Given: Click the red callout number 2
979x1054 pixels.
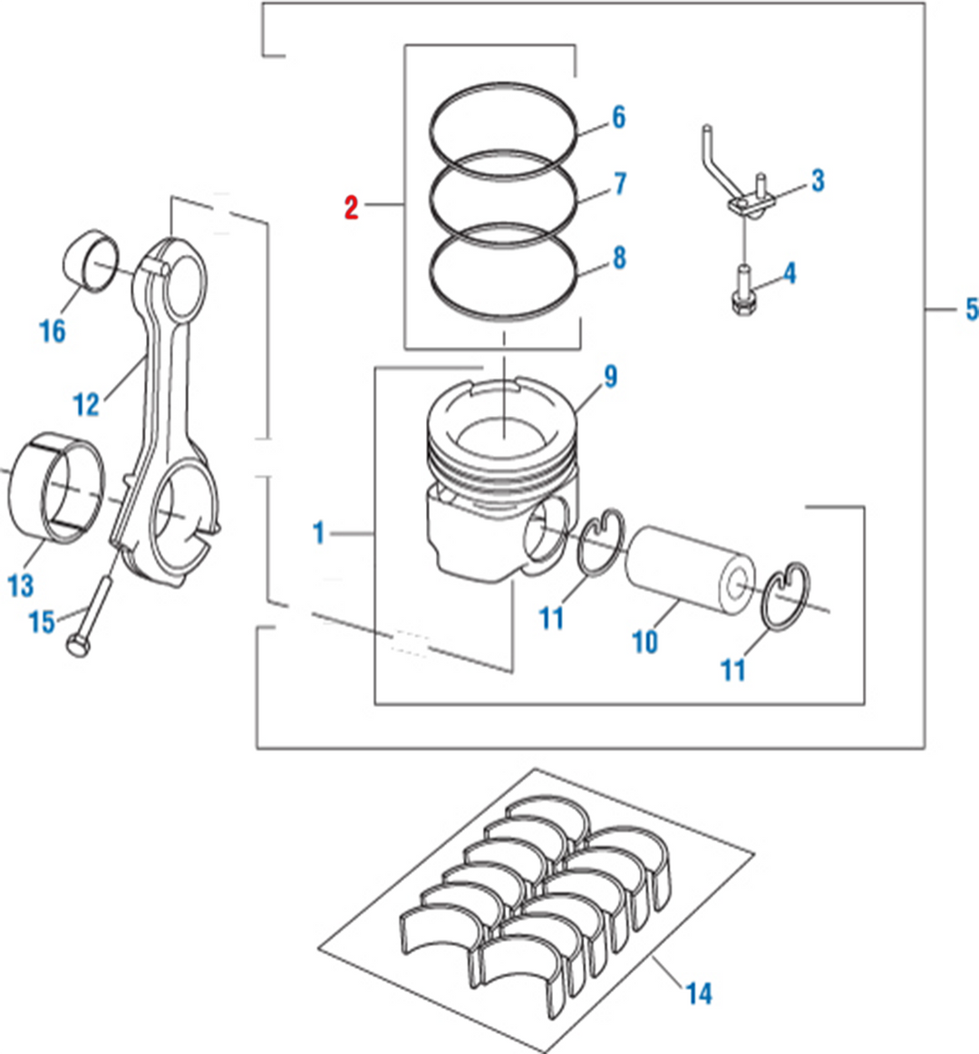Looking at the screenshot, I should [351, 208].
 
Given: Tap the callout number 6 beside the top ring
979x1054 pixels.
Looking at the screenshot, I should [618, 117].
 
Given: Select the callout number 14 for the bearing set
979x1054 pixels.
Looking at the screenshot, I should [698, 993].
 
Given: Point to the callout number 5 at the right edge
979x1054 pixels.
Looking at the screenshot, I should [971, 309].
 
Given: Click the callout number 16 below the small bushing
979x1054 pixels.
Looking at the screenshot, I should [53, 330].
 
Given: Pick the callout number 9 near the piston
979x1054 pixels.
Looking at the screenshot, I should [610, 376].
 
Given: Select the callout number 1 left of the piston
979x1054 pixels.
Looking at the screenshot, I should [318, 533].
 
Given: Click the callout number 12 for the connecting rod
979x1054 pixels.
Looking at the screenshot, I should [86, 404].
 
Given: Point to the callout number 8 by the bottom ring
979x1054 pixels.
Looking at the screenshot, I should [618, 258].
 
